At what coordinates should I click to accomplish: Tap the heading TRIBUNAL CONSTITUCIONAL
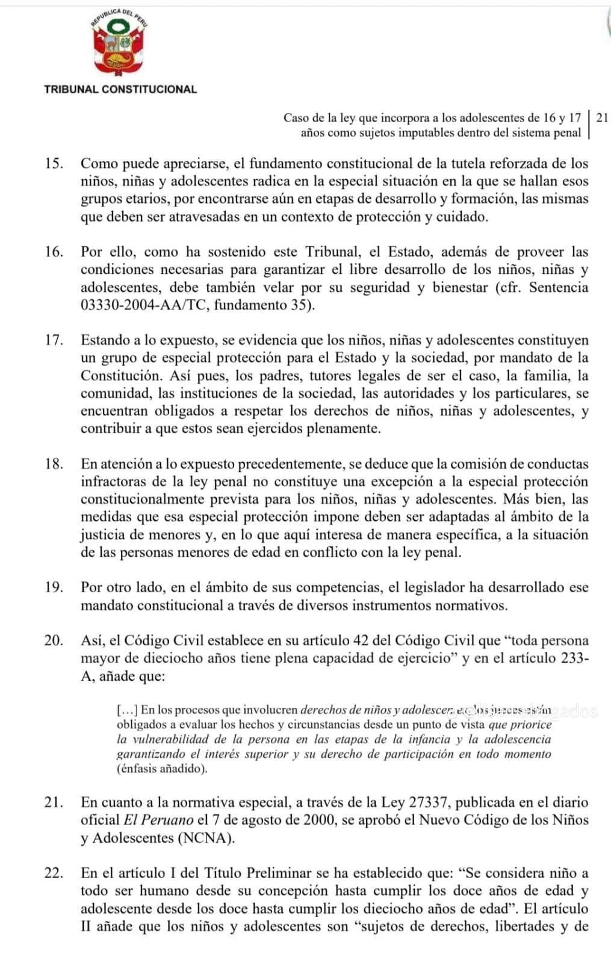120,89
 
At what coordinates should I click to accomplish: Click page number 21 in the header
601,117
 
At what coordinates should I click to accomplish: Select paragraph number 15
54,163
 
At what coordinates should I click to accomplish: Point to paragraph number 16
54,252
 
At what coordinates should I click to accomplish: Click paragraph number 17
54,340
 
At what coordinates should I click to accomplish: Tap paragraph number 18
54,464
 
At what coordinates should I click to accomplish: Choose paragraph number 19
54,587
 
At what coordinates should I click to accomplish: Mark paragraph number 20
54,640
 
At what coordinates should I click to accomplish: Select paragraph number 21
54,802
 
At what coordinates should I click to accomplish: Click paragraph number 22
54,873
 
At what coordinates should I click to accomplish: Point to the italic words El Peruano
158,820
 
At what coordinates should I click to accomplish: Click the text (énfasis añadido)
162,769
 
